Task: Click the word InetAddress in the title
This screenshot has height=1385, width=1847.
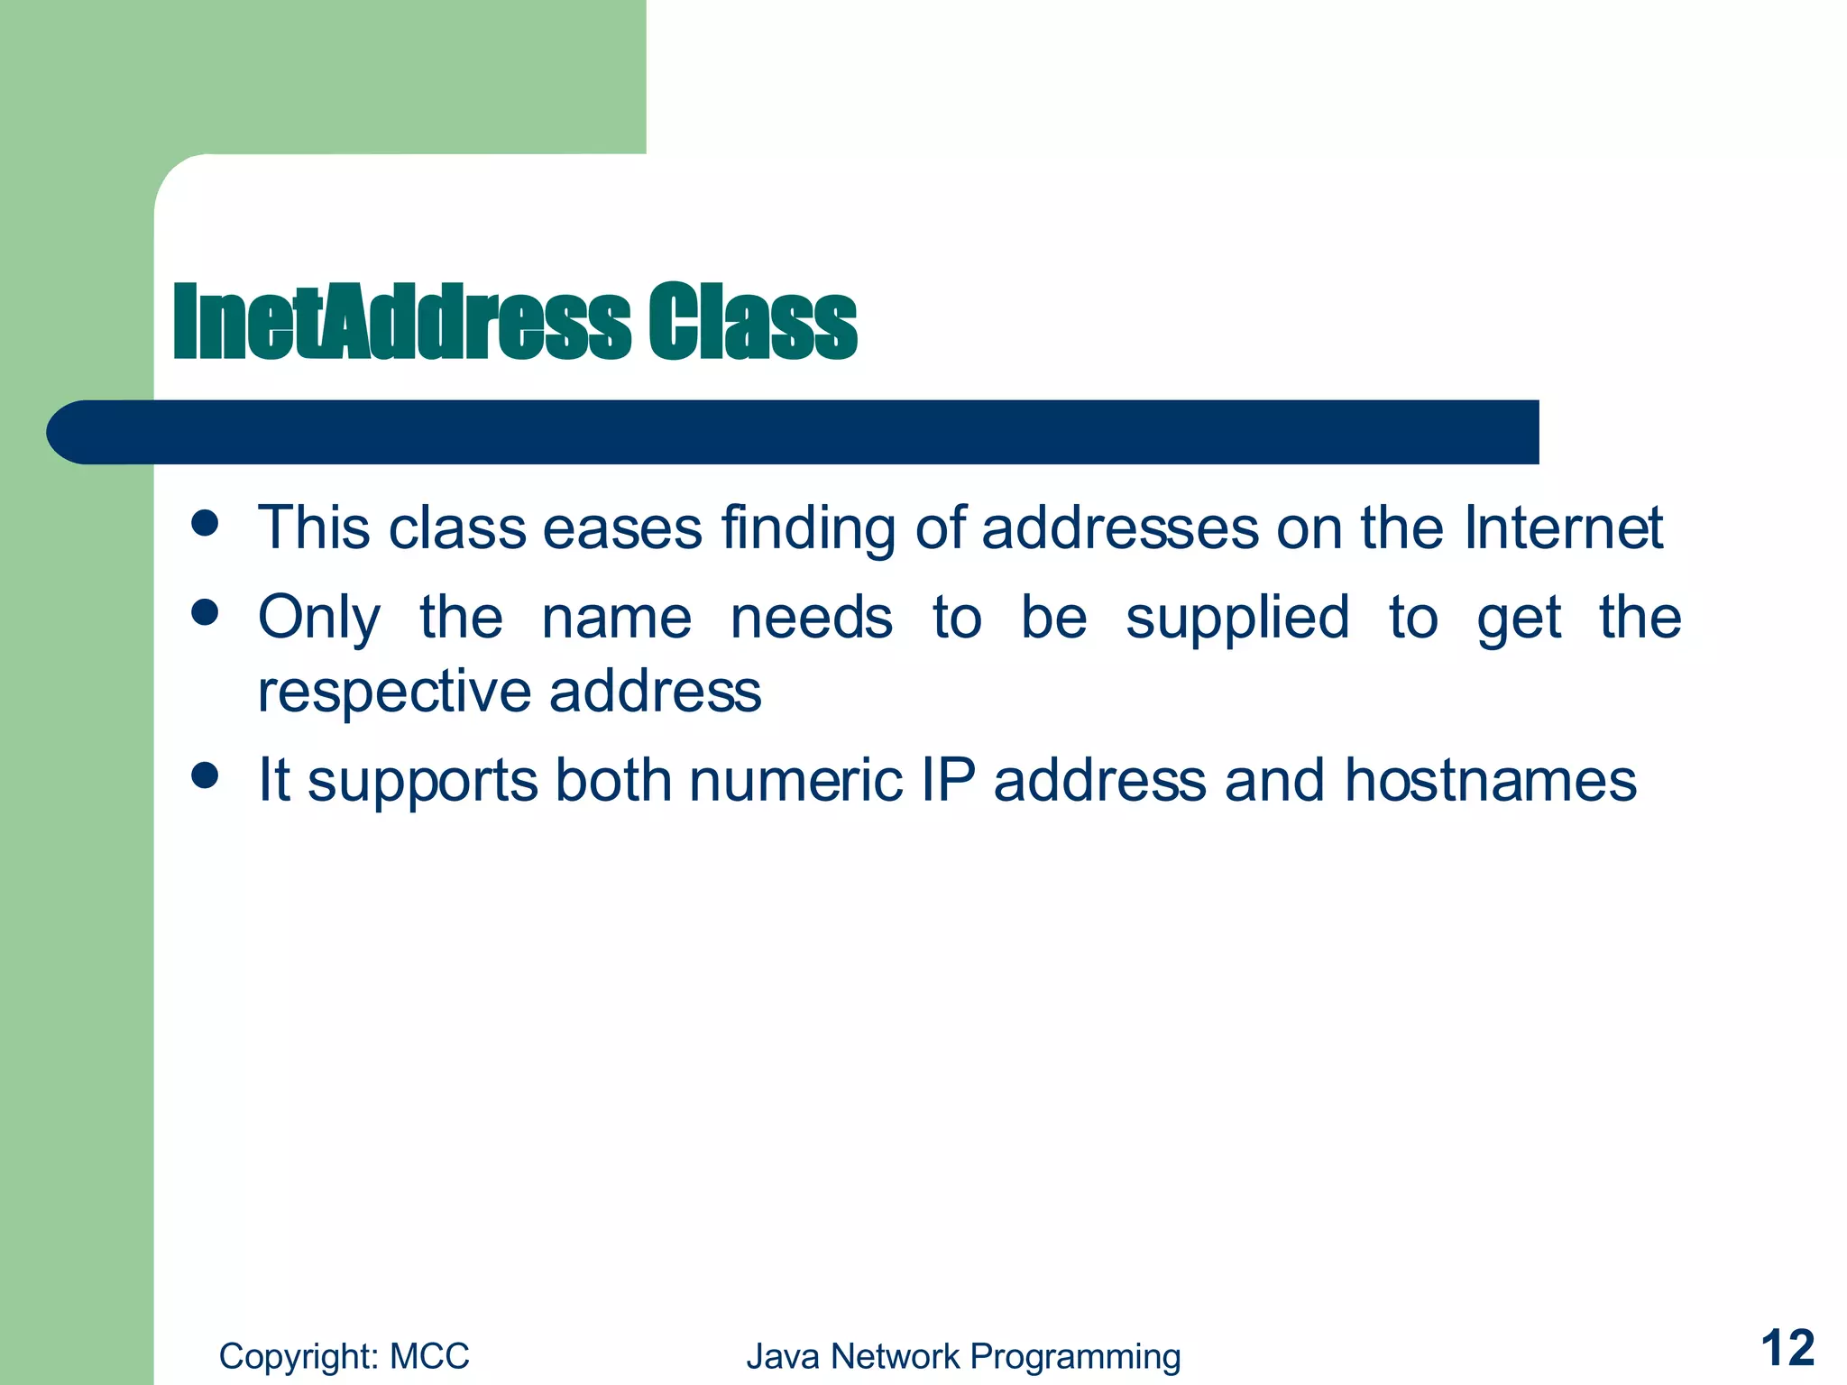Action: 401,323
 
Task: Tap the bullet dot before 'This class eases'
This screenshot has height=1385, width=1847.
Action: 206,523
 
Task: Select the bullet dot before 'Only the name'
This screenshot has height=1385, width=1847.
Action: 206,613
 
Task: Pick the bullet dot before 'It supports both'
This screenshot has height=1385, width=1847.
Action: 206,775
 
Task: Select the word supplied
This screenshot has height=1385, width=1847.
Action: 1237,619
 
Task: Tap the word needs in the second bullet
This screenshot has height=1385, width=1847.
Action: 812,619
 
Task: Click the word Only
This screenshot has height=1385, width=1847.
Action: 319,619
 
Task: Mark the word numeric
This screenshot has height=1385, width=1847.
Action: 795,780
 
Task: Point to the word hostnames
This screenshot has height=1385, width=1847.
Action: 1490,780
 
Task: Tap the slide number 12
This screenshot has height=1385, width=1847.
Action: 1787,1350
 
